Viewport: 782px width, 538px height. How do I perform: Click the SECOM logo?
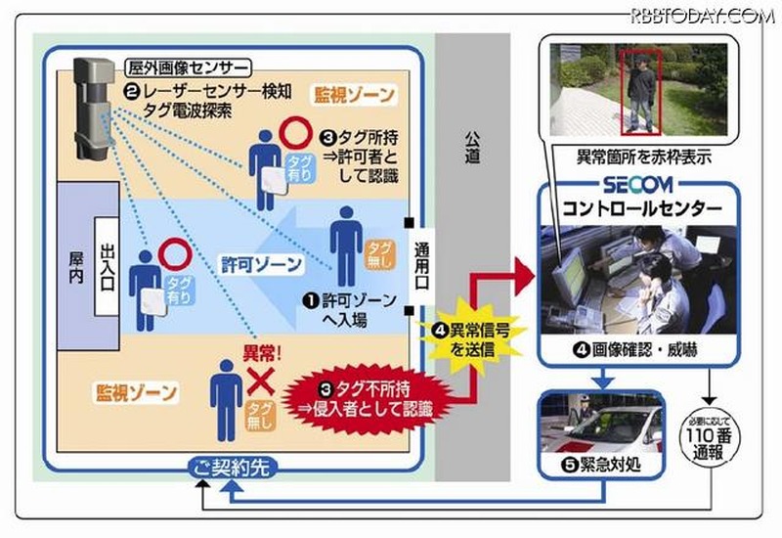[638, 186]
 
